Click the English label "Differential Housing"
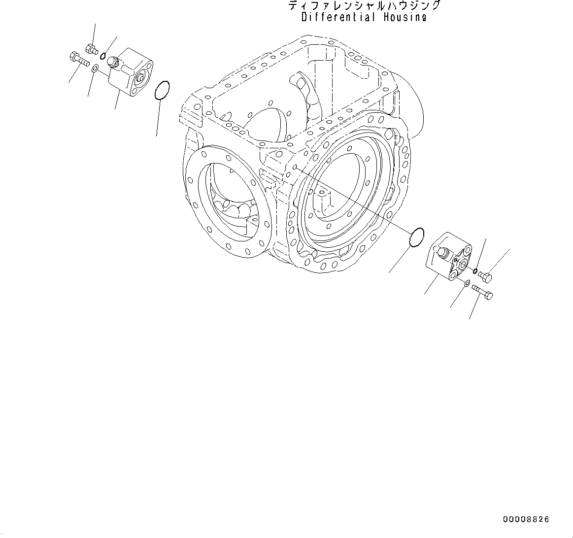(364, 17)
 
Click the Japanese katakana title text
(364, 6)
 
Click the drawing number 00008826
(526, 519)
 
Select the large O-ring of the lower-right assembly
(417, 236)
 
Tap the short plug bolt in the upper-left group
(92, 48)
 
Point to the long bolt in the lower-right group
(482, 292)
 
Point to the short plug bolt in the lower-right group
(485, 277)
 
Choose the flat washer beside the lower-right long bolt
(466, 282)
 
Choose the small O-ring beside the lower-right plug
(475, 270)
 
